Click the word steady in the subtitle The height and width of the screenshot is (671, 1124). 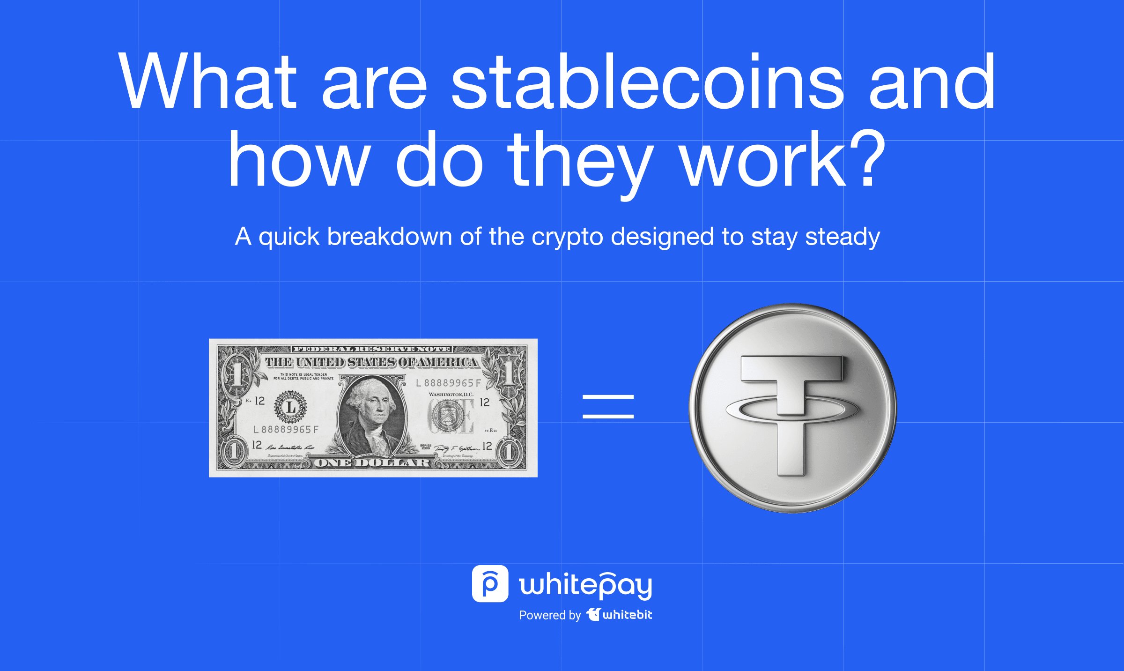click(842, 237)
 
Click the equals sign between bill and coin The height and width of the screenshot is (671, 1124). click(608, 406)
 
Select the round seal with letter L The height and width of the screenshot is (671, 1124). click(290, 406)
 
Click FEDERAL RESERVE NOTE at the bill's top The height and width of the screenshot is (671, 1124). click(371, 349)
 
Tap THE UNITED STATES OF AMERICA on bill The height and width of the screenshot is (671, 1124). click(371, 362)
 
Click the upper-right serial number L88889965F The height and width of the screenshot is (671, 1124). click(448, 383)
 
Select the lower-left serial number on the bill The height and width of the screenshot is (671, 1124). click(286, 429)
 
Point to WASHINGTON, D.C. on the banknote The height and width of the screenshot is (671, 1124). click(451, 395)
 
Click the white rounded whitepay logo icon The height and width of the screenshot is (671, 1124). click(490, 583)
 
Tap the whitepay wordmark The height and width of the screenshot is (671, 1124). click(585, 585)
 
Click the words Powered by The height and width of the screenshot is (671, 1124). click(549, 615)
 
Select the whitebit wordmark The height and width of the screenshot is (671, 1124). click(626, 615)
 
